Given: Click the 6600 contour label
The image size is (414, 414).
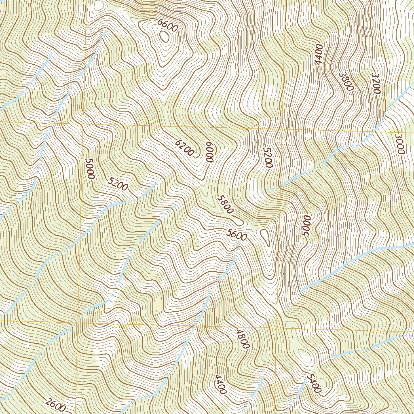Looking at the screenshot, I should [x=168, y=26].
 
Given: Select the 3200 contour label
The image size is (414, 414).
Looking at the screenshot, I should [x=376, y=84].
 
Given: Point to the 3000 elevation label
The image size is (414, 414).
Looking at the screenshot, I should [x=399, y=144].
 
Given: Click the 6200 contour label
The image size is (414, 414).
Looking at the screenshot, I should [x=184, y=148].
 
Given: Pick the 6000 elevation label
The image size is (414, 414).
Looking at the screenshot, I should [x=209, y=152].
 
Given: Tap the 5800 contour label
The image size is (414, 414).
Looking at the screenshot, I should [x=225, y=205].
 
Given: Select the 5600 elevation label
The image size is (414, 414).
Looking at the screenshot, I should [x=237, y=235].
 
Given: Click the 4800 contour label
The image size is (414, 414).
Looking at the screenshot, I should [x=243, y=338].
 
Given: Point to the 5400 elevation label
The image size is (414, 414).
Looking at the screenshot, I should [x=314, y=383].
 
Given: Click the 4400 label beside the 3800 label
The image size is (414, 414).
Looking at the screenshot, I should [x=319, y=55].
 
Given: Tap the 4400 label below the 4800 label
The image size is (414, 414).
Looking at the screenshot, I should [x=220, y=384].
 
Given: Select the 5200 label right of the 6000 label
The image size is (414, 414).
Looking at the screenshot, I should [x=268, y=157].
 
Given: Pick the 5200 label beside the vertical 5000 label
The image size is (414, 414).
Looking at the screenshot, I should [x=118, y=184].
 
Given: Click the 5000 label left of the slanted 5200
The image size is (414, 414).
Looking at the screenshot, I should [x=90, y=169].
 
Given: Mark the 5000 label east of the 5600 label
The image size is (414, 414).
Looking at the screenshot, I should [x=306, y=226].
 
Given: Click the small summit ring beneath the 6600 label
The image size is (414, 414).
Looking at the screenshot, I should [x=164, y=36].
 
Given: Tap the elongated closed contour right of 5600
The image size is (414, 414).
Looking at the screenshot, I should [x=265, y=237].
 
